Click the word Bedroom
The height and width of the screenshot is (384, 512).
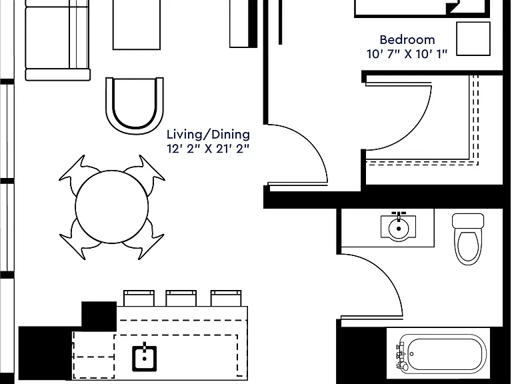(407, 40)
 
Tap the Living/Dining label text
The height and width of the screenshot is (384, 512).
(208, 135)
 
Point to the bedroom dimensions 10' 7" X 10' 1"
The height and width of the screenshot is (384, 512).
(407, 54)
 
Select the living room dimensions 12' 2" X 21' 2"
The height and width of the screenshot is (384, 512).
(208, 149)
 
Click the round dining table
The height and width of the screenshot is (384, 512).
(112, 207)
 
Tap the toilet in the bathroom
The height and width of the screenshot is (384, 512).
(468, 239)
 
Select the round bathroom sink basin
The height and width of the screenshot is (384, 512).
(399, 228)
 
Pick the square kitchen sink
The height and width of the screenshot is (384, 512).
(144, 358)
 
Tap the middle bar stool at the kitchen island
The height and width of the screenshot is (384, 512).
(181, 298)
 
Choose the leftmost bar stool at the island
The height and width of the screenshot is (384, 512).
(139, 298)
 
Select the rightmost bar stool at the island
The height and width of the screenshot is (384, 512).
(226, 298)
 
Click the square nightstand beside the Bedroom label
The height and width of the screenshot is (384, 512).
(473, 39)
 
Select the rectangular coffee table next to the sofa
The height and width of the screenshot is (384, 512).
(137, 25)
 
